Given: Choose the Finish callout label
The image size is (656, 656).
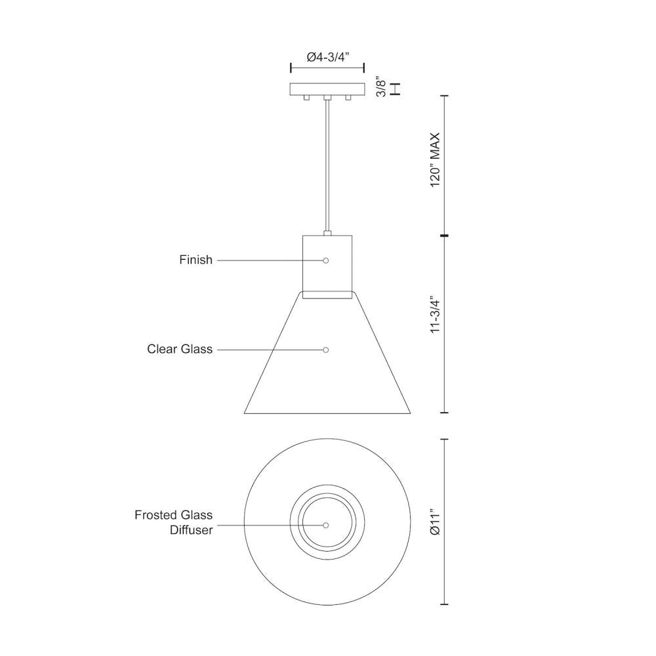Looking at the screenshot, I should point(195,260).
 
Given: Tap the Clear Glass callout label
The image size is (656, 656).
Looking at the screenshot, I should point(179,350).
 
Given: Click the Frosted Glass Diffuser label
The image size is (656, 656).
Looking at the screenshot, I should point(174,522).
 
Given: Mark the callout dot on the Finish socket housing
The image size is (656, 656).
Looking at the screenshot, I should point(326,260).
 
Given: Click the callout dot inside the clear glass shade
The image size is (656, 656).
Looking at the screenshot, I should point(326,350).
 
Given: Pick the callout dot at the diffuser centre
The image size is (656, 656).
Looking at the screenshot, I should point(326,525).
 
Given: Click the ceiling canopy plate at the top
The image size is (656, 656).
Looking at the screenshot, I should point(327,89).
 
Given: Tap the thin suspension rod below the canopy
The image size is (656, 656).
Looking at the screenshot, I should point(327,164).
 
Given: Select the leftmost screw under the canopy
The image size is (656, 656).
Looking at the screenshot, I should point(306,98).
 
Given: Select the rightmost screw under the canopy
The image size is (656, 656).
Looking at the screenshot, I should point(348,98).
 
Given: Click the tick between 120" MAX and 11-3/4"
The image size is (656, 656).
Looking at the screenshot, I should point(445,235).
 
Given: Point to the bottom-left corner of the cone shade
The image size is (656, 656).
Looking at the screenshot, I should point(245,413).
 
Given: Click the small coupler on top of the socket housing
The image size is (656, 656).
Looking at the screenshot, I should point(327,232).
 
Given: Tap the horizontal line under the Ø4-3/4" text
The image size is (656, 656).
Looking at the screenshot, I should point(327,68).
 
